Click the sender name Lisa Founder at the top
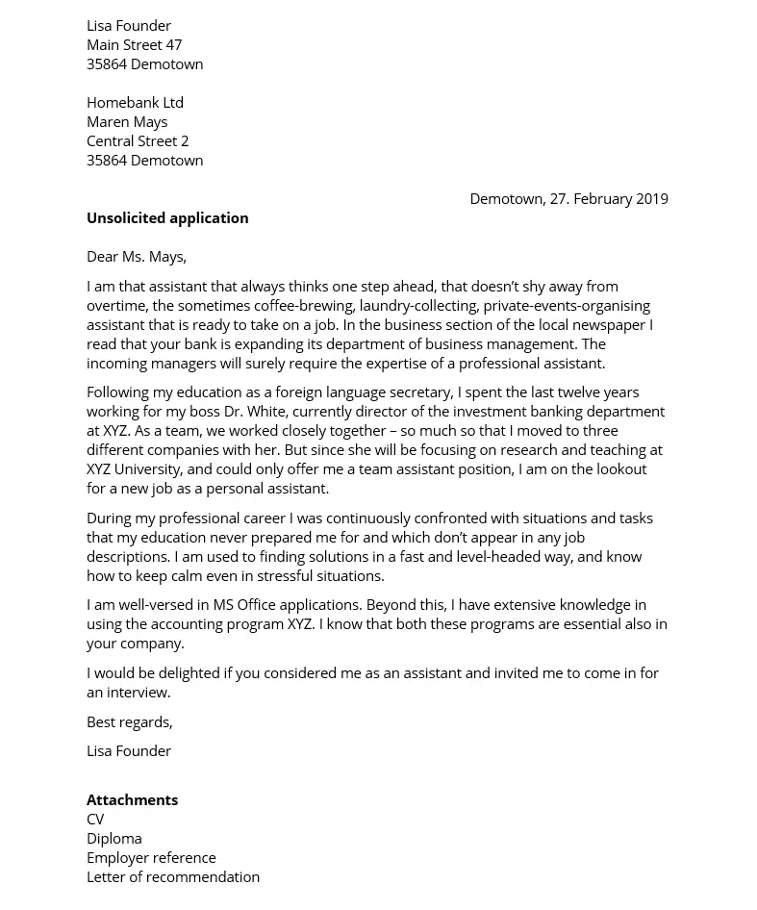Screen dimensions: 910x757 point(129,26)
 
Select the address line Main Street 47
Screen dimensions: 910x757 point(134,45)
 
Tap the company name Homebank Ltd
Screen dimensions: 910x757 point(135,103)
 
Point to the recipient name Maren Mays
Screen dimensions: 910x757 point(127,122)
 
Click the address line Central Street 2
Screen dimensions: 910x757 point(138,141)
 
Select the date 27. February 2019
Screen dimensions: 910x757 point(609,199)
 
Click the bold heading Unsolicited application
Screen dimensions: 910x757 point(167,218)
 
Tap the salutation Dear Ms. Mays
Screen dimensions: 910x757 point(137,257)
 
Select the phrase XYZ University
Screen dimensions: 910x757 point(134,469)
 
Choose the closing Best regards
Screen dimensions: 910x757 point(130,722)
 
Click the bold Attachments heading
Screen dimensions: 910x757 point(132,800)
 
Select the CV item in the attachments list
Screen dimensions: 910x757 point(95,820)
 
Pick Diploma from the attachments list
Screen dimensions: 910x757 point(114,839)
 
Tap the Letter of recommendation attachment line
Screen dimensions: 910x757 point(173,877)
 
